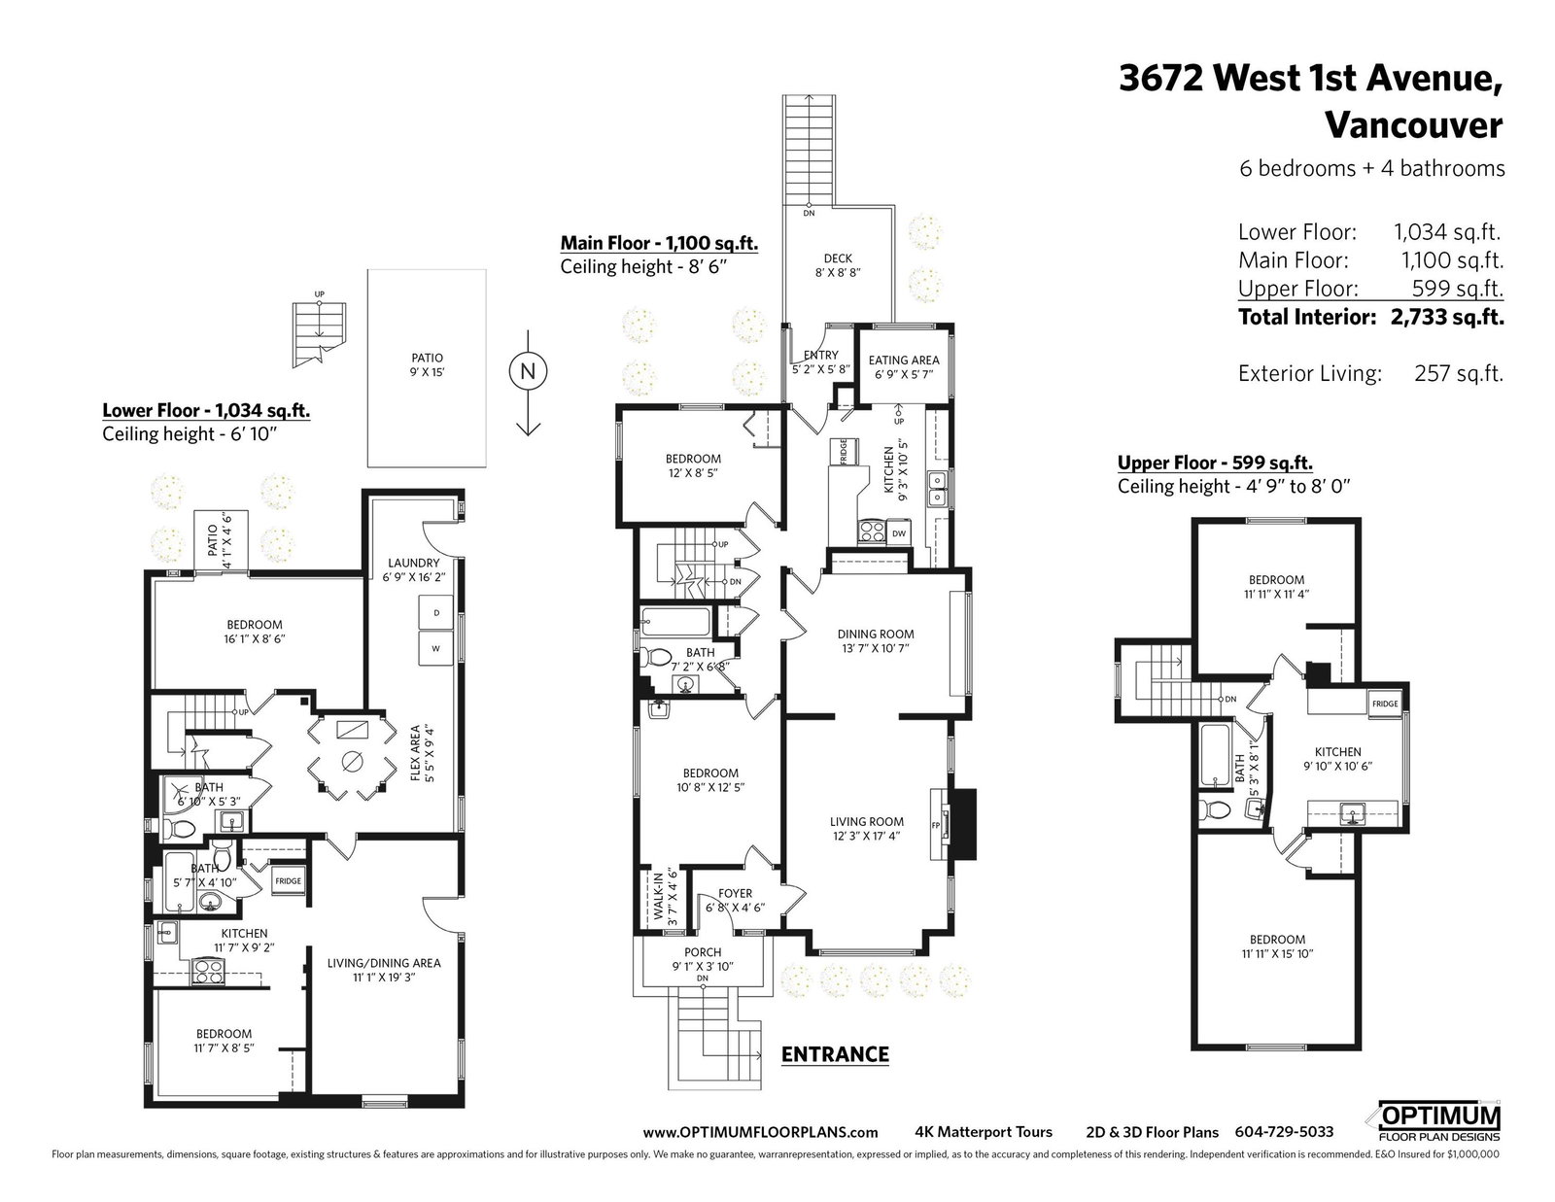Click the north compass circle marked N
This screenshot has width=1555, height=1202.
[x=528, y=371]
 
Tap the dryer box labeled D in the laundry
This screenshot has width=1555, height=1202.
[x=435, y=613]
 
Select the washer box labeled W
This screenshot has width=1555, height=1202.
[x=435, y=648]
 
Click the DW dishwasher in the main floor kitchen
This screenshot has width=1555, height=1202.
[x=899, y=533]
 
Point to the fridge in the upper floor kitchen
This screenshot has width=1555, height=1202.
[x=1385, y=704]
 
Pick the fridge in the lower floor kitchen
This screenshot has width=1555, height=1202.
[x=289, y=880]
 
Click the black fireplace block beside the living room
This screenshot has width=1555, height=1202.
[x=965, y=824]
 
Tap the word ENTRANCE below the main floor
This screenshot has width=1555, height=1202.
[x=835, y=1054]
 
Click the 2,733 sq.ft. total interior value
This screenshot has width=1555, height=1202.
[x=1447, y=317]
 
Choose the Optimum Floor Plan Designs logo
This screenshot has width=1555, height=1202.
[x=1438, y=1123]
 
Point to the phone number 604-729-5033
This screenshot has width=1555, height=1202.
[x=1284, y=1132]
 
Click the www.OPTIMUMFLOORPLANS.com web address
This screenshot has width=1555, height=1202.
[x=760, y=1132]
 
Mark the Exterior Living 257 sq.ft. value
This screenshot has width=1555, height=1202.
[x=1459, y=373]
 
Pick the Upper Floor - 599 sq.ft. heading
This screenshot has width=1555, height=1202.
[x=1215, y=463]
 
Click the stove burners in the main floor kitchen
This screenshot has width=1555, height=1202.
[x=872, y=532]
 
